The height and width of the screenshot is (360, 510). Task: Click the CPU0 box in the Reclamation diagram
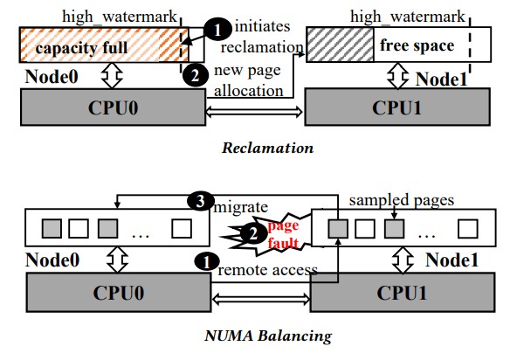(x=113, y=107)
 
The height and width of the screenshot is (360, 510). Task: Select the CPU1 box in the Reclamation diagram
(x=397, y=107)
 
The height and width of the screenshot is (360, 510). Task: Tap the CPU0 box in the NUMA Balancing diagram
(x=119, y=293)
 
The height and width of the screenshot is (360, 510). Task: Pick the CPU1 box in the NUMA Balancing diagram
(x=403, y=293)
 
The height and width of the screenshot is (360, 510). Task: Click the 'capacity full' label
(x=81, y=48)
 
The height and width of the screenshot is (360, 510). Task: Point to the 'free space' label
(x=417, y=45)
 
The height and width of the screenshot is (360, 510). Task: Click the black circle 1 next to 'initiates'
(x=217, y=30)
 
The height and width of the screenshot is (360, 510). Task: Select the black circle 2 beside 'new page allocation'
(x=195, y=75)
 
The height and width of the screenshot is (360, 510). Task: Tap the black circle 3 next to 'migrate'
(x=200, y=202)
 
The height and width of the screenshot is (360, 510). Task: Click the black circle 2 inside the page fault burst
(x=253, y=233)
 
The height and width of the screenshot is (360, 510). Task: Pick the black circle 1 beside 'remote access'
(x=207, y=262)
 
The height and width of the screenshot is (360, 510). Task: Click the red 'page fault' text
(x=283, y=234)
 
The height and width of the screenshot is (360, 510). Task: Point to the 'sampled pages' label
(x=402, y=200)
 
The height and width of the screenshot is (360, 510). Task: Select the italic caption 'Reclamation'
(x=268, y=148)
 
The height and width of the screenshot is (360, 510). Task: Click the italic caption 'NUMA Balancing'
(x=268, y=336)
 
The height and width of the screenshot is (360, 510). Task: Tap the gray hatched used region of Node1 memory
(x=341, y=45)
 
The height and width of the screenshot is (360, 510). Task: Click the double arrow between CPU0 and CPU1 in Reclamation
(x=255, y=113)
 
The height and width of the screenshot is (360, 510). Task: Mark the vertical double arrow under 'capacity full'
(x=112, y=75)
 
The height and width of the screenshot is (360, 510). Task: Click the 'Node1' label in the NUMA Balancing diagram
(x=452, y=260)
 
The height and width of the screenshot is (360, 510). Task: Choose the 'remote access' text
(x=268, y=270)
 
